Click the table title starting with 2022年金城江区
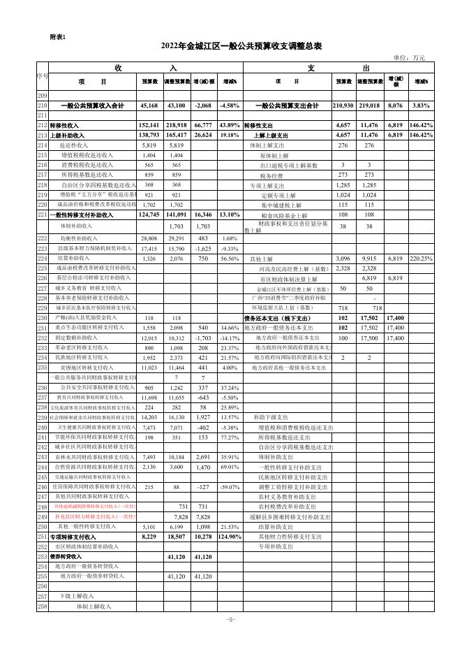tap(241, 45)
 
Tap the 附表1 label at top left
tap(59, 37)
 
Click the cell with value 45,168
tap(149, 106)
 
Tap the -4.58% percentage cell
tap(230, 106)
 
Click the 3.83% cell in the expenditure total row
tap(421, 106)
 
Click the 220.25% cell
tap(421, 259)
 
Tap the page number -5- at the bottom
tap(230, 619)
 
